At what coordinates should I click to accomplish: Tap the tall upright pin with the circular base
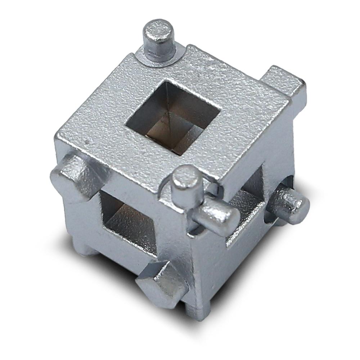pyautogui.click(x=159, y=41)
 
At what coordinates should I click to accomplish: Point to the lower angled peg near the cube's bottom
pyautogui.click(x=158, y=281)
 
